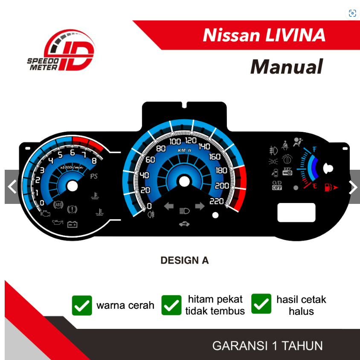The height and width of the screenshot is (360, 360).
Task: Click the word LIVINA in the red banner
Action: [x=295, y=35]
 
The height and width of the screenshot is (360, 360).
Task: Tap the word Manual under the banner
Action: [x=286, y=67]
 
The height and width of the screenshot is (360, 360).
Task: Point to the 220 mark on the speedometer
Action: [x=217, y=201]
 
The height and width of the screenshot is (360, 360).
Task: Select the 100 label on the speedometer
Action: [x=175, y=142]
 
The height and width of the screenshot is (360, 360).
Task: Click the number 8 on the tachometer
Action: [x=94, y=161]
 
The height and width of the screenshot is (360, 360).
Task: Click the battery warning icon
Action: [x=72, y=224]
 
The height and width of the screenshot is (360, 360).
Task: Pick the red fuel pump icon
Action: [x=328, y=187]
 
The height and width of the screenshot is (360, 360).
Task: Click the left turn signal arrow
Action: [x=169, y=207]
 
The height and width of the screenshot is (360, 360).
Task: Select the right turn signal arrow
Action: [x=200, y=207]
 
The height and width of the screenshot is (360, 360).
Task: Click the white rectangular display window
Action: [x=296, y=212]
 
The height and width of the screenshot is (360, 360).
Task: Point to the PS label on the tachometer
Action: [x=93, y=176]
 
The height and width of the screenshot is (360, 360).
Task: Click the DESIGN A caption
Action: [x=184, y=260]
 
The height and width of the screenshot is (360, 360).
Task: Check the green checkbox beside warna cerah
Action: [x=82, y=305]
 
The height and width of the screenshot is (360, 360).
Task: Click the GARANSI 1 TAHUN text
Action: [x=267, y=345]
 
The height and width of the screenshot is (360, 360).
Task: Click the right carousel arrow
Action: [x=354, y=187]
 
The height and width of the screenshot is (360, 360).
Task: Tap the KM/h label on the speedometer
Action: [x=184, y=151]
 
